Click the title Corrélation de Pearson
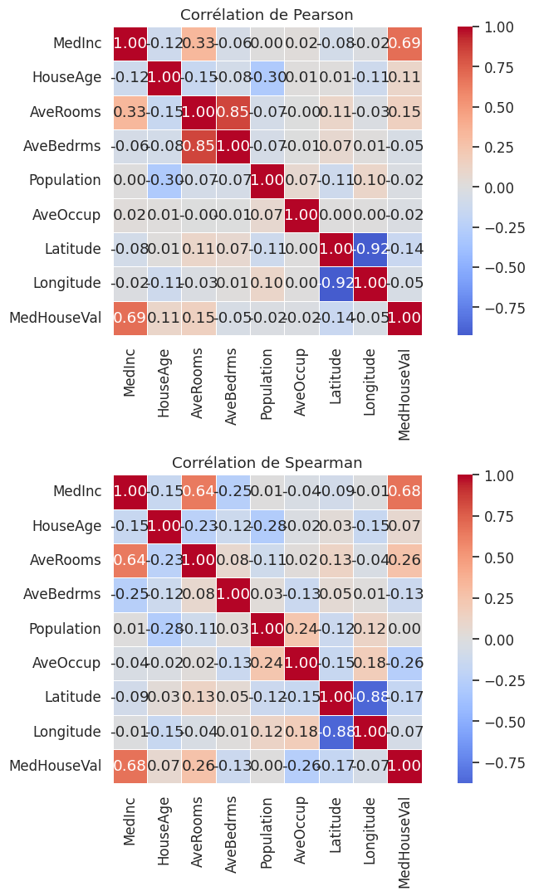[x=267, y=15]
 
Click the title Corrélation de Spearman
[x=267, y=463]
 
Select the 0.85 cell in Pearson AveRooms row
[x=233, y=111]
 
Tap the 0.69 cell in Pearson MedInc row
[x=404, y=43]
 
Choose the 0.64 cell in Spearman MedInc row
[x=198, y=491]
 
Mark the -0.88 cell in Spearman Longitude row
[x=336, y=731]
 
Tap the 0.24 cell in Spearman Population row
[x=301, y=628]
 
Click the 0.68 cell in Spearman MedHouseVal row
[x=130, y=765]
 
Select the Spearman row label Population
[x=66, y=628]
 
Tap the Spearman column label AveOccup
[x=301, y=825]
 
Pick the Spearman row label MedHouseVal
[x=56, y=765]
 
